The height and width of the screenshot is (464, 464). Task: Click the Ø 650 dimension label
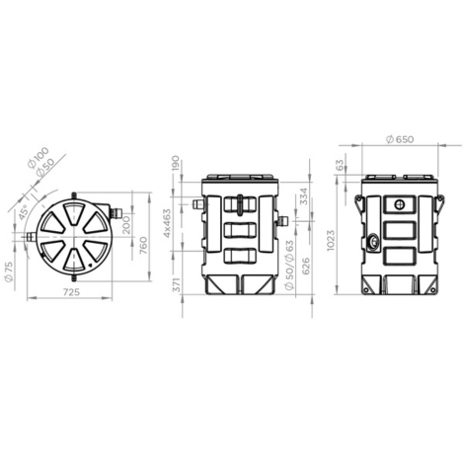pos(400,139)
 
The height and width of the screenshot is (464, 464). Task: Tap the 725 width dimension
pos(70,292)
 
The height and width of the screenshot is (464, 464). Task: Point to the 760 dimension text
pos(143,245)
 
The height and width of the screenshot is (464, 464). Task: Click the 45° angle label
pos(24,212)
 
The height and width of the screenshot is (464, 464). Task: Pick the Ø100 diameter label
pos(39,158)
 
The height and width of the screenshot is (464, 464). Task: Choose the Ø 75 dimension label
pos(9,271)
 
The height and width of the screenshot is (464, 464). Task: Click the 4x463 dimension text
pos(168,223)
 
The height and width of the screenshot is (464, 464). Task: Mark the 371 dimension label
pos(177,284)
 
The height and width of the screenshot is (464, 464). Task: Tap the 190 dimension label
pos(176,163)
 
